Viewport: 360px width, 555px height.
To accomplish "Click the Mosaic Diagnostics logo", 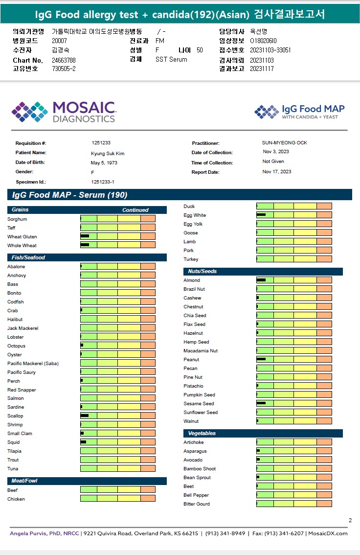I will tap(64, 112).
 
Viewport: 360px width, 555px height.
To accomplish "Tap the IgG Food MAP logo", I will tap(299, 112).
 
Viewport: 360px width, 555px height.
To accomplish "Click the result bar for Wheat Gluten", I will tap(118, 236).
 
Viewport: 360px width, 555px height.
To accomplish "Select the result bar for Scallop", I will tap(118, 416).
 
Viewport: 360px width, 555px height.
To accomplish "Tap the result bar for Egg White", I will tap(294, 215).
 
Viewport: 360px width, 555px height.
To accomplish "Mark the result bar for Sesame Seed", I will tap(294, 403).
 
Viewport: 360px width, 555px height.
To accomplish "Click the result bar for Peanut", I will tap(294, 359).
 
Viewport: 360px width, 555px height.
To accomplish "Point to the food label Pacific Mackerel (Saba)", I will tap(33, 364).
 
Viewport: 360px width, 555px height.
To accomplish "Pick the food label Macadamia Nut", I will tap(201, 351).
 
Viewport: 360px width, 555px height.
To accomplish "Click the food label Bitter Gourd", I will tap(197, 504).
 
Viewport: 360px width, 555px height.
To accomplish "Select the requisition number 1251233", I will tap(101, 143).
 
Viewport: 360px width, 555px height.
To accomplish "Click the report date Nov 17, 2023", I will tap(277, 172).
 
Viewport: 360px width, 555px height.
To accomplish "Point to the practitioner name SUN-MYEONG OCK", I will tap(285, 143).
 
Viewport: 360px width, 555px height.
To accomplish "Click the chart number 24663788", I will tap(64, 60).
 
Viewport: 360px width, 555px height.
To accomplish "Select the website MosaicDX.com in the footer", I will tap(328, 533).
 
